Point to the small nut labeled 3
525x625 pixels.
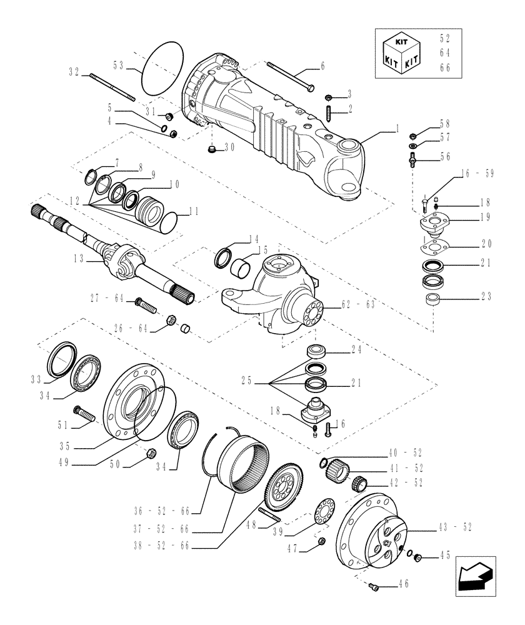coord(329,97)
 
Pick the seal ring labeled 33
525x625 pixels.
coord(60,360)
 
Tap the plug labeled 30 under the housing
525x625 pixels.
coord(212,149)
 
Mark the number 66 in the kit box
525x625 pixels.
coord(445,67)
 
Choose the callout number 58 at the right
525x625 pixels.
coord(444,124)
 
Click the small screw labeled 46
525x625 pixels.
coord(374,585)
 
